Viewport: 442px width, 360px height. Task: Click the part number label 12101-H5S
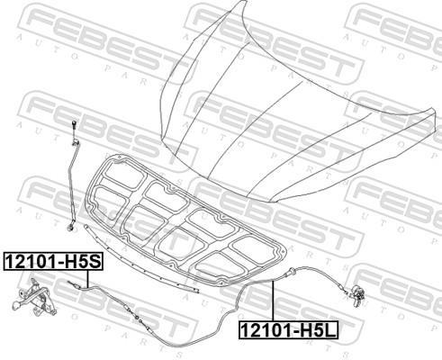(x=53, y=261)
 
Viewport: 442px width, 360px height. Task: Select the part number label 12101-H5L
(x=288, y=330)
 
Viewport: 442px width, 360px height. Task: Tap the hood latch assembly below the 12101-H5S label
(x=33, y=298)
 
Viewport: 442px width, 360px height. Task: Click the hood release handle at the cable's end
(x=357, y=295)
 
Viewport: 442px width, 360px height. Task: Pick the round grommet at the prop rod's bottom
(x=71, y=228)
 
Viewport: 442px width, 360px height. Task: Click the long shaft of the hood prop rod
(x=72, y=183)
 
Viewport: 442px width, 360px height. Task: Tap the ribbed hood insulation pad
(x=185, y=219)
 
